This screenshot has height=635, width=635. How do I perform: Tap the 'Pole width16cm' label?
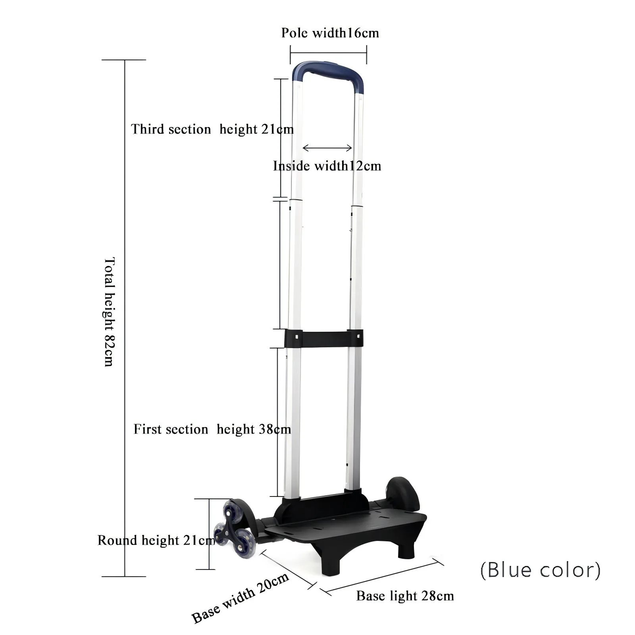pyautogui.click(x=330, y=33)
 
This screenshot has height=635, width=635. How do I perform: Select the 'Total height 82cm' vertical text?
pyautogui.click(x=109, y=312)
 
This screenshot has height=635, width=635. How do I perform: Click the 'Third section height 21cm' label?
pyautogui.click(x=212, y=129)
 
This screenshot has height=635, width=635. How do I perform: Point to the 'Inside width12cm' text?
pyautogui.click(x=327, y=166)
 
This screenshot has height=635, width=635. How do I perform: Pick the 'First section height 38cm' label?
pyautogui.click(x=212, y=429)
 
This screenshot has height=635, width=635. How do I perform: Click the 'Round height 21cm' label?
pyautogui.click(x=156, y=540)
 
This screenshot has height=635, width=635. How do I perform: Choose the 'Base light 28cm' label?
pyautogui.click(x=405, y=596)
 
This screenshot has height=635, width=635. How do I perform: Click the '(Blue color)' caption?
pyautogui.click(x=541, y=570)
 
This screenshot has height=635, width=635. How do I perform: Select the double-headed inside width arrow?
pyautogui.click(x=327, y=148)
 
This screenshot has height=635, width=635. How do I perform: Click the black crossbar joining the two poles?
pyautogui.click(x=324, y=337)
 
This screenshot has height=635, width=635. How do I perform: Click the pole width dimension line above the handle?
pyautogui.click(x=329, y=54)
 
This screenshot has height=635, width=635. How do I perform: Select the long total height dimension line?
pyautogui.click(x=125, y=318)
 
